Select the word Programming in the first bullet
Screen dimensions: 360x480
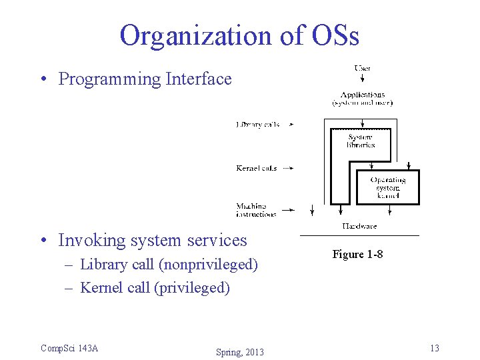110,79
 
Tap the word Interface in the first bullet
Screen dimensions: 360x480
199,79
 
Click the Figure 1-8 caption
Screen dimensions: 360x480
357,255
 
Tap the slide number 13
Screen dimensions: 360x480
435,348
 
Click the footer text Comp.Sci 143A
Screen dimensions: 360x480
69,348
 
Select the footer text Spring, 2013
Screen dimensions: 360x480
240,352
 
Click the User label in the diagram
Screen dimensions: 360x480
363,68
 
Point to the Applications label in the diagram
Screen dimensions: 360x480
363,99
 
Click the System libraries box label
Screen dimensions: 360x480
361,141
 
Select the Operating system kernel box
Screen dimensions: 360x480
388,187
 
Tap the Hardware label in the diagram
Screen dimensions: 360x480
359,227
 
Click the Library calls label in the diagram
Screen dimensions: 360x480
257,125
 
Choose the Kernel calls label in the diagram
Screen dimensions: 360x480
257,168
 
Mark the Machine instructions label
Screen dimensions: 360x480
256,210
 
